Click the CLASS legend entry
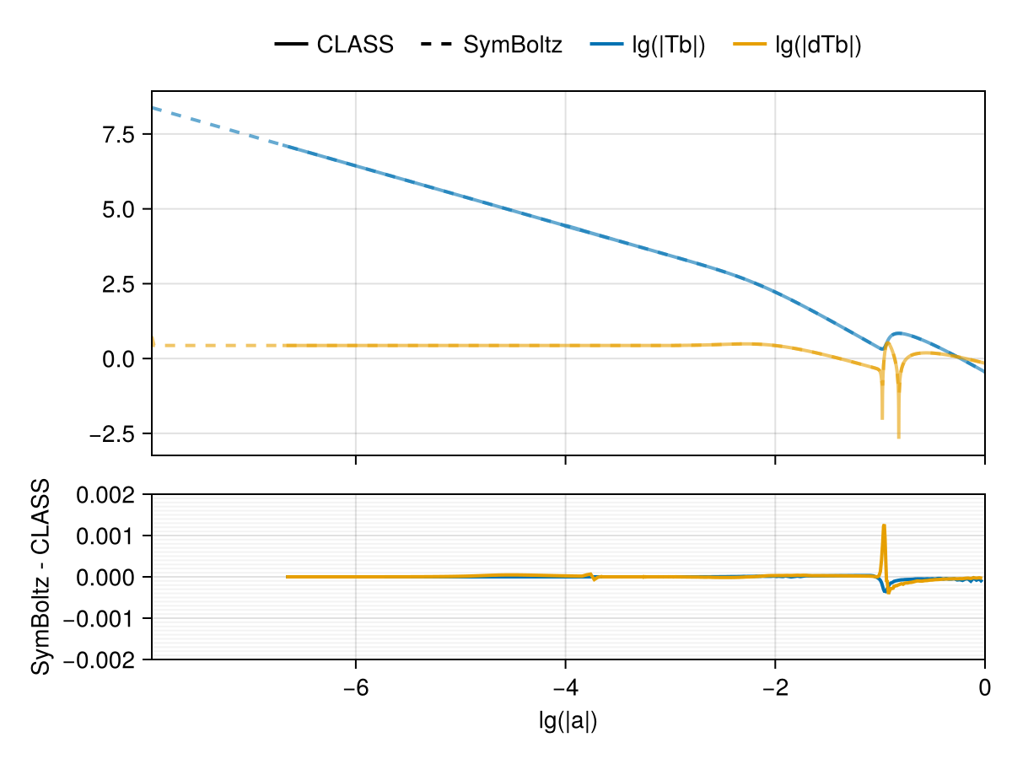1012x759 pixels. click(355, 46)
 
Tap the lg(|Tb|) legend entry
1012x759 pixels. click(668, 46)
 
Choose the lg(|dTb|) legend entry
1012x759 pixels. click(818, 46)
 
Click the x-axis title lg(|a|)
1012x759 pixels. click(568, 721)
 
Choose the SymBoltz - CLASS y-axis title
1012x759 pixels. click(39, 577)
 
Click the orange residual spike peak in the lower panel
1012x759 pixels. click(884, 525)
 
